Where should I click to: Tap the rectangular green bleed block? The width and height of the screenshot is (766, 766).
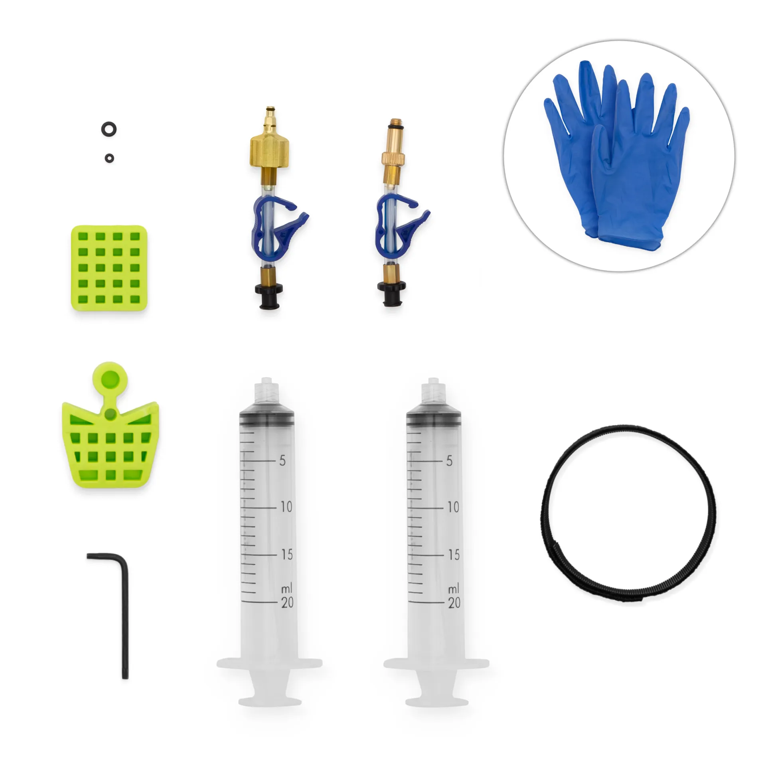tap(109, 268)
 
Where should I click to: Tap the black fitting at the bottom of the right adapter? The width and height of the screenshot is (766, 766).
tap(391, 293)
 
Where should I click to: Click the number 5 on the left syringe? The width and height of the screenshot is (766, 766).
tap(282, 461)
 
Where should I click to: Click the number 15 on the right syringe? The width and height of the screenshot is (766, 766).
tap(454, 555)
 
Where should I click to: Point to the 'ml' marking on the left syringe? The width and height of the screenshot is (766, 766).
tap(286, 588)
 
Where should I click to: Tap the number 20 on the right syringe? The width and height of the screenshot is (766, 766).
tap(454, 602)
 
